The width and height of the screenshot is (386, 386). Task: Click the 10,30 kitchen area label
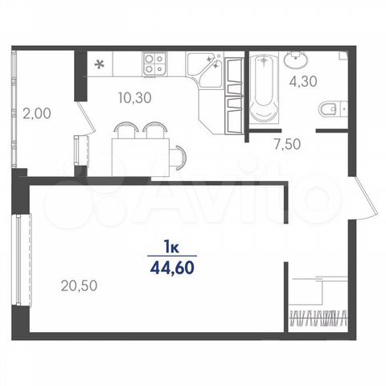coord(135,97)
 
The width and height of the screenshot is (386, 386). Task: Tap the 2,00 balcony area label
coord(37,113)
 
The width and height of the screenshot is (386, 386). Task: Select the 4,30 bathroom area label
coord(303,81)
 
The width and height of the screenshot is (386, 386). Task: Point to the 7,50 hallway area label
coord(287,144)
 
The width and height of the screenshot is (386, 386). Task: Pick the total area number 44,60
coord(172,268)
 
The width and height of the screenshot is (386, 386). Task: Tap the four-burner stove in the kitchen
coord(154,64)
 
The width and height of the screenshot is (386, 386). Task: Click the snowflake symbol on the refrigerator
coord(99,64)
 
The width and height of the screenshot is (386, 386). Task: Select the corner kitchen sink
coord(204,70)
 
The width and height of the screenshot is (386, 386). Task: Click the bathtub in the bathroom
coord(264,88)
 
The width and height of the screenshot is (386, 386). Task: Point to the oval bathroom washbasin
coord(296,60)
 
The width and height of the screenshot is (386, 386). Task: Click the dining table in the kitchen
coord(141,158)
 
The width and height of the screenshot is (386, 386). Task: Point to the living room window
coord(22,259)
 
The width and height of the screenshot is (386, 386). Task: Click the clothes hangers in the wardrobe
coord(318,318)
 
